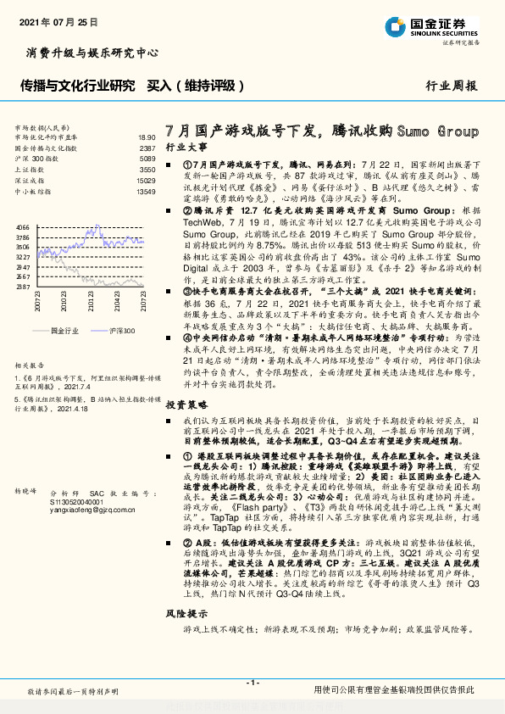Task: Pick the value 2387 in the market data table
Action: tap(147, 148)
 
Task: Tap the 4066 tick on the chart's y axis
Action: tap(23, 228)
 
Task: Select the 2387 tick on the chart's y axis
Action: tap(23, 287)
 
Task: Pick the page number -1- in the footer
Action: tap(252, 683)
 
